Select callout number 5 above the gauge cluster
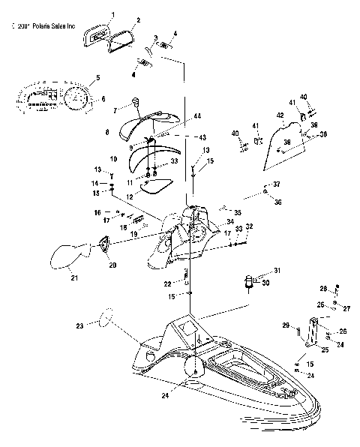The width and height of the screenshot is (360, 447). [x=97, y=77]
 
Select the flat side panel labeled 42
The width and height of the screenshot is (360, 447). [x=281, y=144]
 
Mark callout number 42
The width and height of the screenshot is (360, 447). [x=280, y=115]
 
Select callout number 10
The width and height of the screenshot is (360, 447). [x=113, y=160]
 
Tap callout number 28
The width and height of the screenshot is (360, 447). [x=323, y=288]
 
